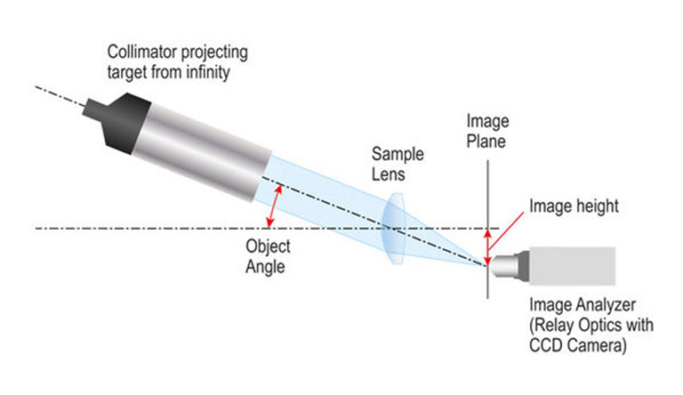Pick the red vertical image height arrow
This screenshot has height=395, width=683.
tap(487, 246)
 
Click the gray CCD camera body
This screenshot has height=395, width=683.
tap(570, 264)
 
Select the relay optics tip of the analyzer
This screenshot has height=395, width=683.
tap(502, 264)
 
